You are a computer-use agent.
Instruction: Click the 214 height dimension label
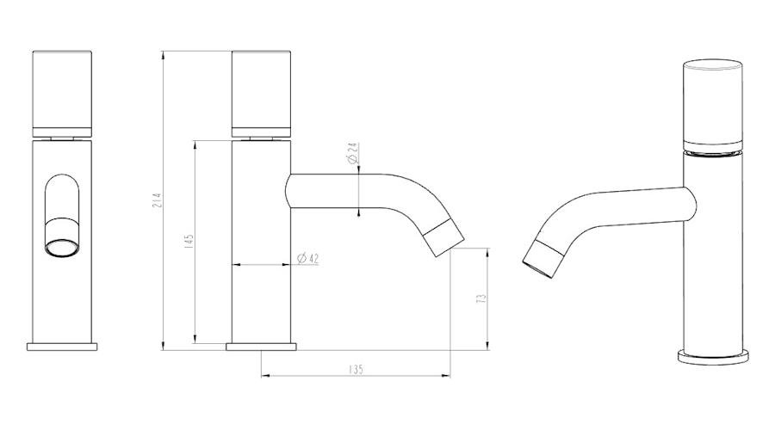tap(157, 200)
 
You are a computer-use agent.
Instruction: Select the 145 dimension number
tap(189, 242)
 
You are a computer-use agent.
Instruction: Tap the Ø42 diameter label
tap(308, 258)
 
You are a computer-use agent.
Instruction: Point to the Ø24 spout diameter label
tap(352, 153)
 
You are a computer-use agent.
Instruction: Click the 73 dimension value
tap(480, 298)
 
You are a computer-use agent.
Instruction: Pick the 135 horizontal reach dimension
tap(356, 369)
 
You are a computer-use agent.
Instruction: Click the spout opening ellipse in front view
tap(62, 248)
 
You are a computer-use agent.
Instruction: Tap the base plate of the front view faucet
tap(62, 347)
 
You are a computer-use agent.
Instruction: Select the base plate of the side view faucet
tap(261, 347)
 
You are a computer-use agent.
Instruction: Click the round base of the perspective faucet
tap(713, 358)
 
